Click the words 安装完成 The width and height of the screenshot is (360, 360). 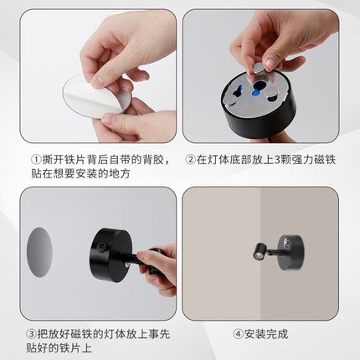267,333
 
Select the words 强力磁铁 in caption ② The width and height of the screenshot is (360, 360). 316,160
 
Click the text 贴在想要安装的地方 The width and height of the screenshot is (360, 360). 86,173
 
